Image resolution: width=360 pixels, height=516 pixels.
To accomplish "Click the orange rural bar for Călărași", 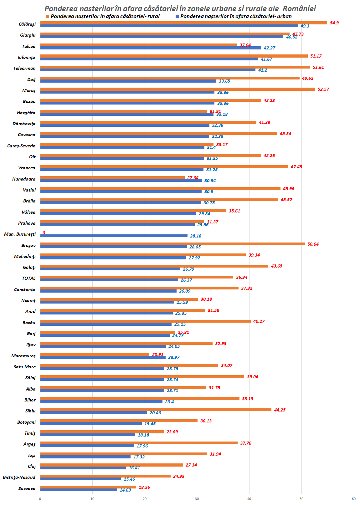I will click(x=183, y=23).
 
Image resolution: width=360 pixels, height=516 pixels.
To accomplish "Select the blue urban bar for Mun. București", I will click(x=114, y=236).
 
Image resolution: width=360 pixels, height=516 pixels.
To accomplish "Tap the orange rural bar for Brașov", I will click(x=172, y=244).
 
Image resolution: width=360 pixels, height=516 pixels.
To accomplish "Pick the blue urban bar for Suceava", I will click(x=79, y=490).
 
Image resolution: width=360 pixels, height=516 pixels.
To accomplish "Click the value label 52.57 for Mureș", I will click(x=323, y=89).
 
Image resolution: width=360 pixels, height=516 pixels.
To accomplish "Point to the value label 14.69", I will click(x=125, y=490).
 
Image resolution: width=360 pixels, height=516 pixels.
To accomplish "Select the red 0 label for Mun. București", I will click(x=44, y=233).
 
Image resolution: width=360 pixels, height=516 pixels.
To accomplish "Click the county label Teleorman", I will click(x=24, y=68).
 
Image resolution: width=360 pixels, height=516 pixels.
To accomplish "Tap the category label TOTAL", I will click(x=28, y=278).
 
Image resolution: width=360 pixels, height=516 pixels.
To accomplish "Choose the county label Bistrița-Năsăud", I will click(x=19, y=477).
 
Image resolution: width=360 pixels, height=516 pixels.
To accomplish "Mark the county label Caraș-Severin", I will click(x=21, y=146).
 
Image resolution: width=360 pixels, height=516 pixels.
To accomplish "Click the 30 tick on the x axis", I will click(x=197, y=499).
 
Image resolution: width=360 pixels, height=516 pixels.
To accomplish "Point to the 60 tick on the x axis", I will click(x=354, y=499).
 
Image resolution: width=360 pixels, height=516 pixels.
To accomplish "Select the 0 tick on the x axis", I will click(x=40, y=499).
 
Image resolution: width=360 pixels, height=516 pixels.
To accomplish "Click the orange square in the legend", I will click(x=48, y=16).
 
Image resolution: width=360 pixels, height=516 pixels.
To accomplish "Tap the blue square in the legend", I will click(x=177, y=16).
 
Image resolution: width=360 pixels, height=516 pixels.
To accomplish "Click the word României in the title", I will click(x=299, y=8).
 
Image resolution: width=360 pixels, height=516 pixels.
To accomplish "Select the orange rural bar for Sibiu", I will click(x=156, y=410).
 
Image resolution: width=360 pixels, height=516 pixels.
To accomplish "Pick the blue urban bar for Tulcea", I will click(x=151, y=48).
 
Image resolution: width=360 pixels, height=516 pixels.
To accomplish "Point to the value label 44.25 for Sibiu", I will click(x=280, y=410).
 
